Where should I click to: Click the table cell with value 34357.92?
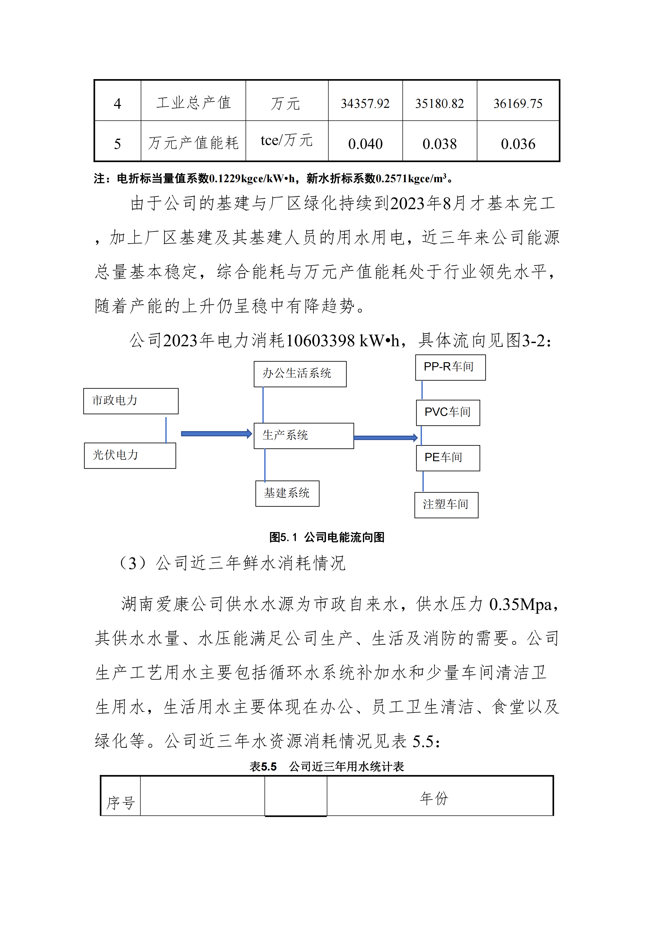365,104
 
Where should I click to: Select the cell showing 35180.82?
439,104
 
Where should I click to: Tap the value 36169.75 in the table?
518,104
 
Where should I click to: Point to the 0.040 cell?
365,144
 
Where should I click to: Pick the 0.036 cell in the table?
518,144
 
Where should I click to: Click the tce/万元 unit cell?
286,141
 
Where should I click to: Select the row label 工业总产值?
193,103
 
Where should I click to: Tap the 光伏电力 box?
130,456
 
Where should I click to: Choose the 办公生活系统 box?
300,374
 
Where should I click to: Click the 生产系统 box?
304,436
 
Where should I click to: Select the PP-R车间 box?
450,367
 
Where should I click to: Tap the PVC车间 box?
448,413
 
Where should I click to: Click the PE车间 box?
448,458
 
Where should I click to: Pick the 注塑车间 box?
446,505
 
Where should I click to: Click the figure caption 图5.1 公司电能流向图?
327,537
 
